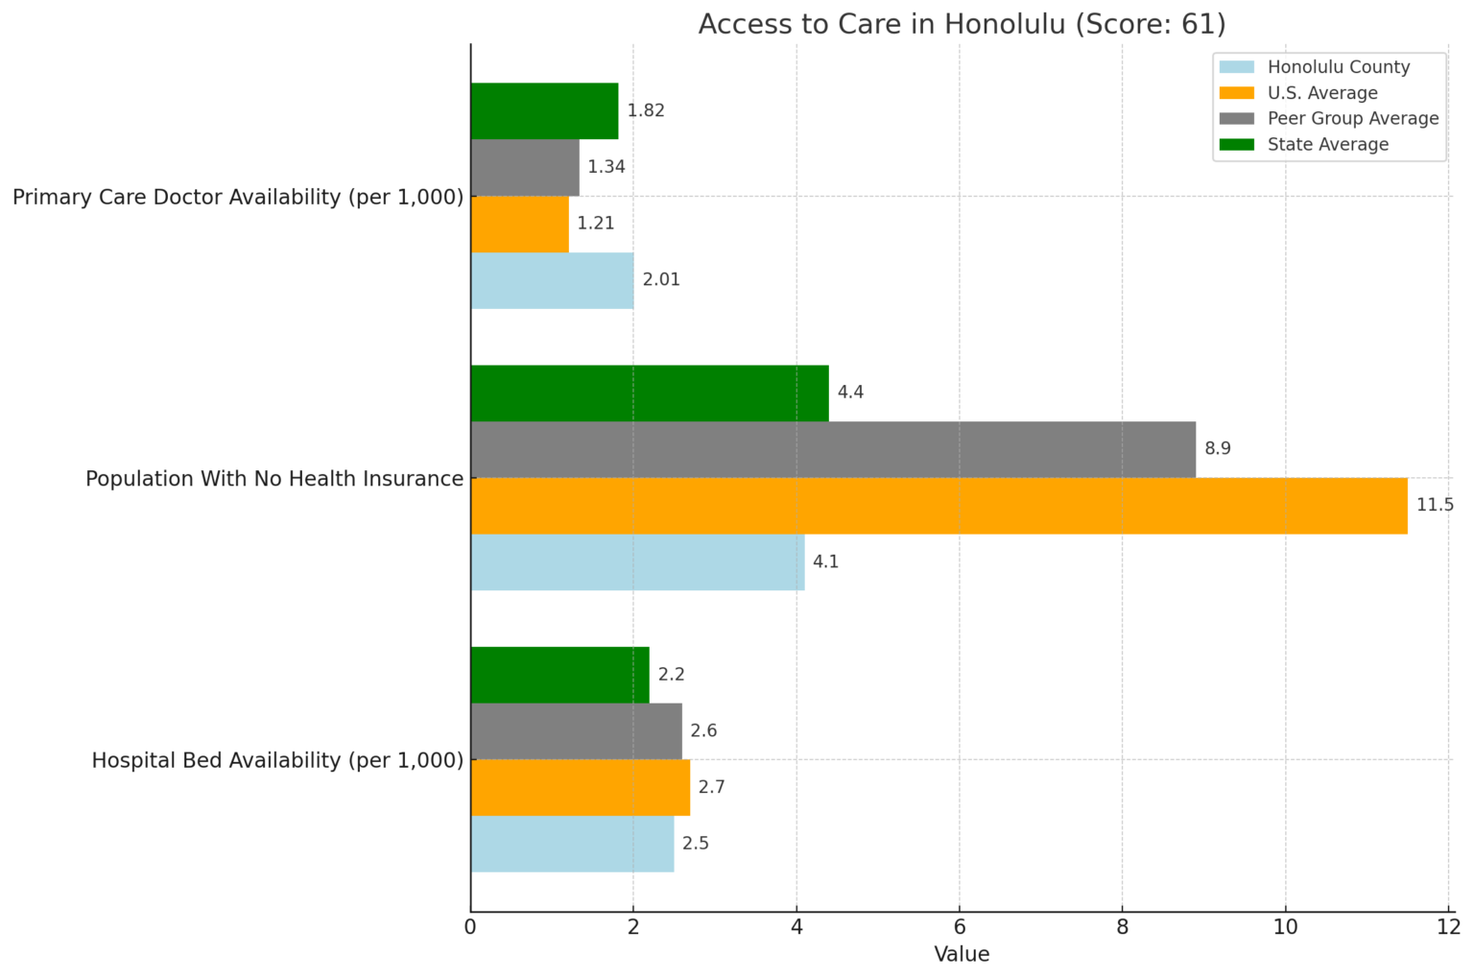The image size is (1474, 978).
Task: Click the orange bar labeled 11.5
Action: (939, 506)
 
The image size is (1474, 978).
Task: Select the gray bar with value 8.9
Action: (833, 449)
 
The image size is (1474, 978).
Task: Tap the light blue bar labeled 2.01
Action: (552, 280)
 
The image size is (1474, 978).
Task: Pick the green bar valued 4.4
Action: (650, 394)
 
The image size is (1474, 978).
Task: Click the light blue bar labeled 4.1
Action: (637, 562)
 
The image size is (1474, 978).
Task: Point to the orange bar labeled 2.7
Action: (580, 788)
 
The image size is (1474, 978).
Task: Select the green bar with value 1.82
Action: (544, 111)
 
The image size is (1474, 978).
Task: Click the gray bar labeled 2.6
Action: (576, 731)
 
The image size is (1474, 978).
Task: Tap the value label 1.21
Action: (596, 224)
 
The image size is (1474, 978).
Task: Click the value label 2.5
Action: (696, 844)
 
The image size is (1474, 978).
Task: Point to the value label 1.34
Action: (606, 167)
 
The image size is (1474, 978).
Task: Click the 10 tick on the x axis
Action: (1285, 927)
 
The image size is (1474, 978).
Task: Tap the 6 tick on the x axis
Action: (959, 927)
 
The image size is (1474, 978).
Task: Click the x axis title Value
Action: (962, 955)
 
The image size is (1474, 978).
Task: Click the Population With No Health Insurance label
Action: (274, 479)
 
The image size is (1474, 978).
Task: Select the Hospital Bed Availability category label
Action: (277, 760)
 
